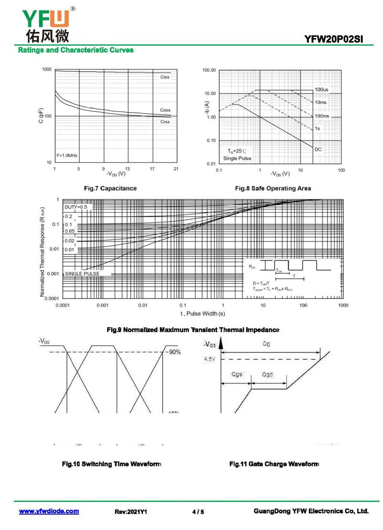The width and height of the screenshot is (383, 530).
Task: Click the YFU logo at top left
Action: tap(45, 24)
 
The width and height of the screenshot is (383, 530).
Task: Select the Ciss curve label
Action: tap(165, 77)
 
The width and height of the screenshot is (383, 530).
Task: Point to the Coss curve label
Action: tap(165, 110)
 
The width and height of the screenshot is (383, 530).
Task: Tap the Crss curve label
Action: tap(165, 122)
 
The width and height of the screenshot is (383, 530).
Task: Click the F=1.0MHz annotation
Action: tap(67, 156)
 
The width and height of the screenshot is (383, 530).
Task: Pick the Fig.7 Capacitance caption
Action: tap(110, 188)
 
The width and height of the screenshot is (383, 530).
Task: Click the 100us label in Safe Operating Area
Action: tap(321, 90)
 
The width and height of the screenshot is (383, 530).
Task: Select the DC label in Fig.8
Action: tap(318, 150)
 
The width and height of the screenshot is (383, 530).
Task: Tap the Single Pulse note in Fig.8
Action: tap(237, 158)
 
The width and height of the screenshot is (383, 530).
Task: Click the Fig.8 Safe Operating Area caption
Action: tap(273, 188)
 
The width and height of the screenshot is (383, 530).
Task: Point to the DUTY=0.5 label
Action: tap(76, 207)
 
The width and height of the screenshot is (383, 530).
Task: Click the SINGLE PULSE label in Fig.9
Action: tap(82, 274)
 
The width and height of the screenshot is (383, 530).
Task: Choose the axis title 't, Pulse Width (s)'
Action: tap(203, 314)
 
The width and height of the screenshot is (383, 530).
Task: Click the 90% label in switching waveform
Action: tap(174, 352)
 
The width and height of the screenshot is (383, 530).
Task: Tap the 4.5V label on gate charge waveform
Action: tap(210, 359)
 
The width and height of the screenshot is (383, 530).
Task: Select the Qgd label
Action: tap(268, 374)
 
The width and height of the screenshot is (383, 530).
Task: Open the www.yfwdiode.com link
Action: tap(49, 511)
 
